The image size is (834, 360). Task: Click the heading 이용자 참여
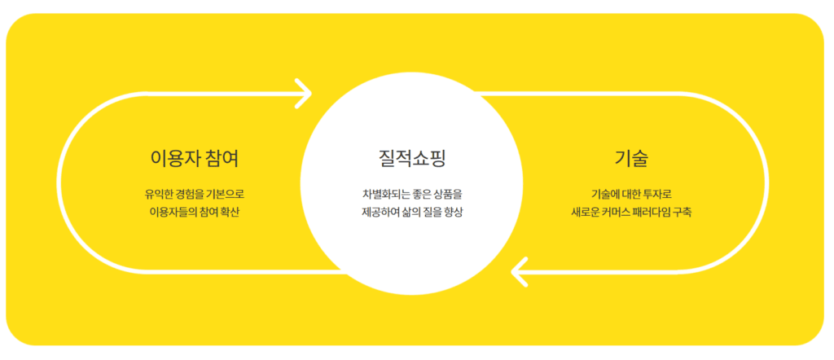(194, 157)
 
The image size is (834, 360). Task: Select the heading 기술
(631, 157)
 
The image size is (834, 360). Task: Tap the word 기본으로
(225, 195)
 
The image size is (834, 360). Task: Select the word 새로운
(588, 213)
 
